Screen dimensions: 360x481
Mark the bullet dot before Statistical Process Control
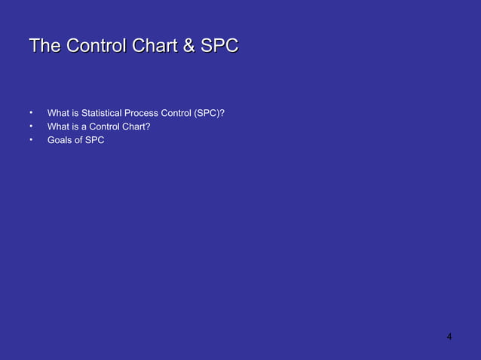[31, 112]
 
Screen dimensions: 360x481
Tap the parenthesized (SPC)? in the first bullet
[210, 114]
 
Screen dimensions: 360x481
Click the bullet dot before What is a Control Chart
[31, 125]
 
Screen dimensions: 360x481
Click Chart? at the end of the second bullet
[136, 127]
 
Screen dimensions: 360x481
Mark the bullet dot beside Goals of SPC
[31, 139]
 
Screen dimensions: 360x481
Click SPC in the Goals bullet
[95, 140]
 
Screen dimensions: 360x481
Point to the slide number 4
[449, 336]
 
